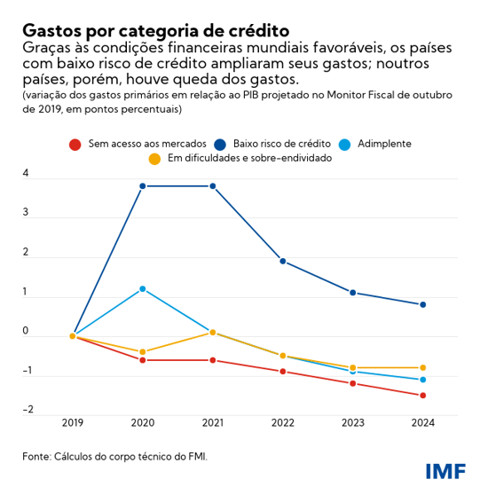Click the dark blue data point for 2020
click(142, 186)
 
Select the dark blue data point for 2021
click(213, 186)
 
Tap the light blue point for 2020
click(142, 289)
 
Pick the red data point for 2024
click(422, 396)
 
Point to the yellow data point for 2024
click(422, 367)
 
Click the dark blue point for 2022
click(282, 261)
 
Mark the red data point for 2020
click(142, 360)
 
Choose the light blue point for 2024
click(422, 380)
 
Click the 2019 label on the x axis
click(73, 424)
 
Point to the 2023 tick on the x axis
click(352, 424)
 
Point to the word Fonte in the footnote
click(37, 456)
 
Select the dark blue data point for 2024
click(422, 305)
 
